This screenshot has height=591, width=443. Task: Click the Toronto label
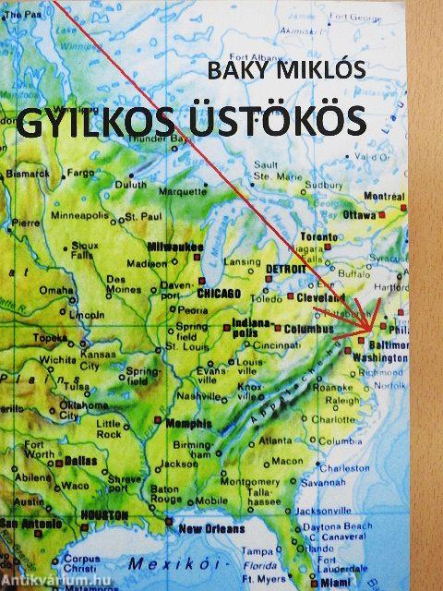[x=319, y=236]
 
